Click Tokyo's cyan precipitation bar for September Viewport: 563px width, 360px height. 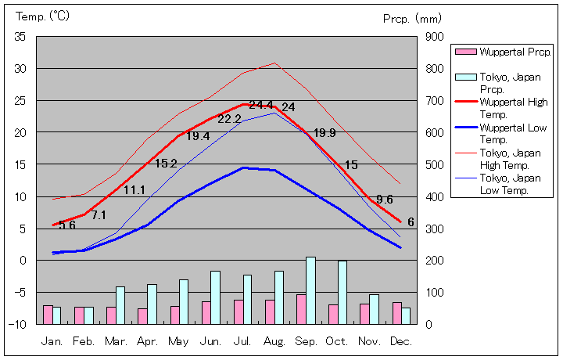point(310,290)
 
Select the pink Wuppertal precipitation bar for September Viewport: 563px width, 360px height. point(301,309)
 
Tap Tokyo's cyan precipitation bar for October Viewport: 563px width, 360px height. point(342,292)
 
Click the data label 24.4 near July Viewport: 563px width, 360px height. point(261,106)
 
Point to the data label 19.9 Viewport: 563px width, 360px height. point(325,133)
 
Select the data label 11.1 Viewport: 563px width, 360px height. point(134,190)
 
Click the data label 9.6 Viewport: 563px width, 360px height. point(385,200)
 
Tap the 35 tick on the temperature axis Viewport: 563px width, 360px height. point(20,37)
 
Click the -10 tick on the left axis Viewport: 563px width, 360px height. point(19,324)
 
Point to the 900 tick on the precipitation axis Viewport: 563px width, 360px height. point(435,37)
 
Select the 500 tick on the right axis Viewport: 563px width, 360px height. point(435,164)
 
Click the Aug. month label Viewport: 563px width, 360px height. point(274,342)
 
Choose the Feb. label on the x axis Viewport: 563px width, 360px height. point(84,342)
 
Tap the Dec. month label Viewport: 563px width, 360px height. point(401,342)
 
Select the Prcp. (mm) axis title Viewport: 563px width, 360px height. point(412,18)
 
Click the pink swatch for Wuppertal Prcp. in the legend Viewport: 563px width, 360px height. point(465,52)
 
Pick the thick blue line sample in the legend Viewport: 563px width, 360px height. point(465,127)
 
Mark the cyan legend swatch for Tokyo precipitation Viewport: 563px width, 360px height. point(465,77)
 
